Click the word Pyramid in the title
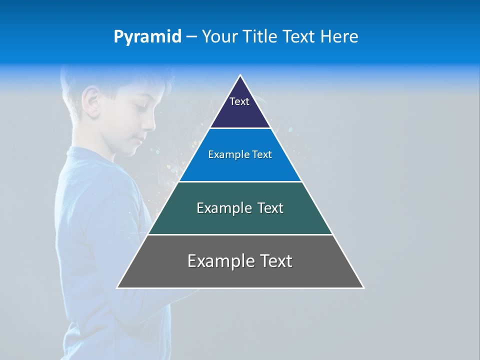point(147,37)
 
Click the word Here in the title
point(339,36)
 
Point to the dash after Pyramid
point(191,37)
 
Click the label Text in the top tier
point(239,101)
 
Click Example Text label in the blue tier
point(240,154)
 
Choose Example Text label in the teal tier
point(240,208)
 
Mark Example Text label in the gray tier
point(240,261)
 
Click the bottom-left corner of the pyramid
point(117,287)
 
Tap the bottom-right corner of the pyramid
point(363,287)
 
